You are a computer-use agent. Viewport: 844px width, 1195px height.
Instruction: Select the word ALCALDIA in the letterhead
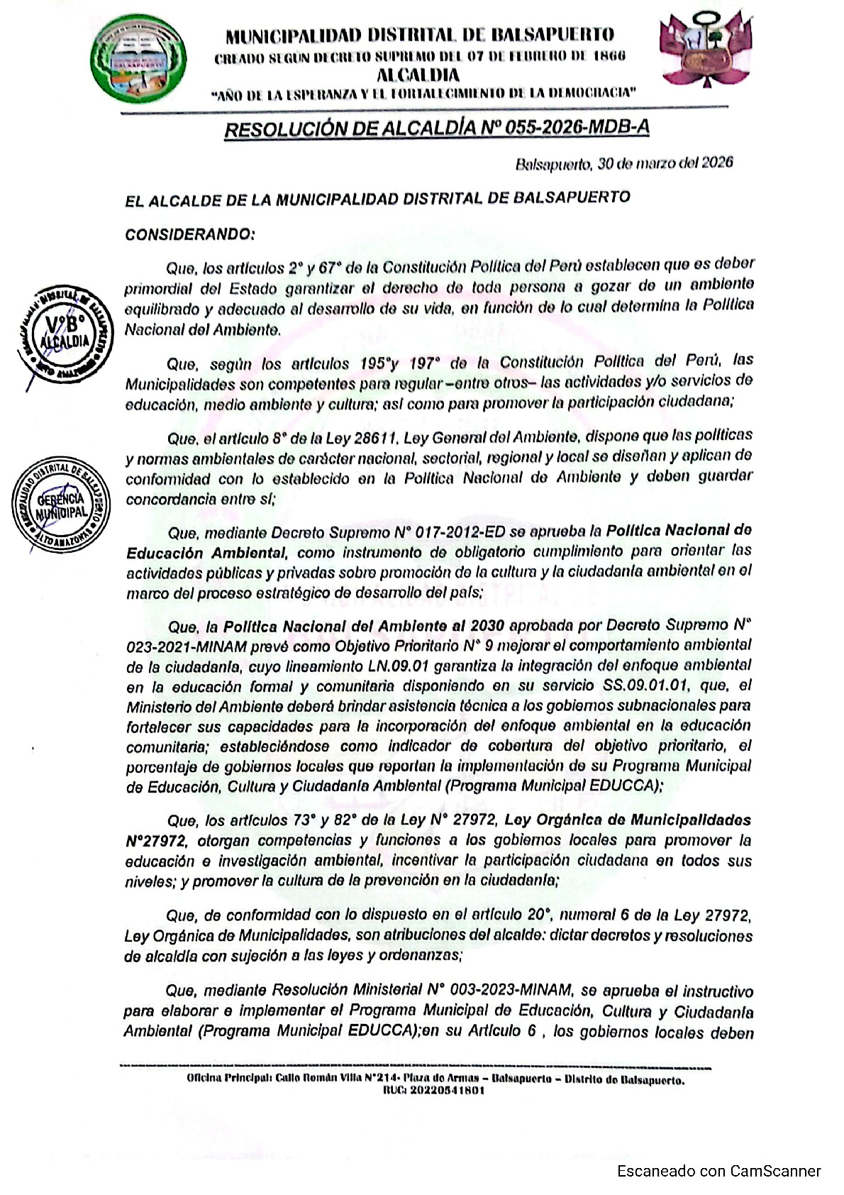click(x=418, y=75)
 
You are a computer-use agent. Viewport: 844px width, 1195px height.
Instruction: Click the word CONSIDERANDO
click(x=189, y=234)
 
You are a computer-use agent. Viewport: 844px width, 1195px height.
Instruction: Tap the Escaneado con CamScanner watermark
click(x=718, y=1171)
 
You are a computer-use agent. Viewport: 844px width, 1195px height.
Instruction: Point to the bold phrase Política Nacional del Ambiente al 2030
click(x=364, y=626)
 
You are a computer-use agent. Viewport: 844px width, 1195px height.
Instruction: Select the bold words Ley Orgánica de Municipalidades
click(x=628, y=820)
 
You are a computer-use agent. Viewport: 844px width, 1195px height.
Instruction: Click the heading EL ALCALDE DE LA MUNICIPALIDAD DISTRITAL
click(x=377, y=199)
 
